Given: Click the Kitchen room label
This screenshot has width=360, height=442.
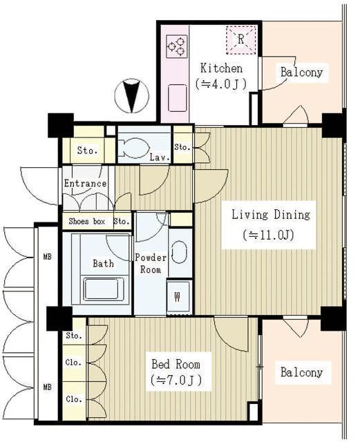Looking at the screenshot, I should (x=221, y=68).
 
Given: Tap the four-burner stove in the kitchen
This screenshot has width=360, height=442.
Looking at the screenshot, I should (x=176, y=46).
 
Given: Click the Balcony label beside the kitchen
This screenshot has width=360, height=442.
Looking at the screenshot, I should (x=301, y=72).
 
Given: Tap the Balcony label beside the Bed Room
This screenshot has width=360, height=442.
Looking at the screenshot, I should (x=301, y=372).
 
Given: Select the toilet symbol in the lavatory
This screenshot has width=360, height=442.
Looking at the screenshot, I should (x=134, y=147).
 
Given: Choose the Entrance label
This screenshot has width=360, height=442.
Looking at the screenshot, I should (x=86, y=184).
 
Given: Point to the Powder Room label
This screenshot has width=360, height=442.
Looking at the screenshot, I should (x=151, y=263).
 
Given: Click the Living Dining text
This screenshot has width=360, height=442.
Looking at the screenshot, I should (x=270, y=214).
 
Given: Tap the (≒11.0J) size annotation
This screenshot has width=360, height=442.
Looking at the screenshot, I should (x=269, y=235).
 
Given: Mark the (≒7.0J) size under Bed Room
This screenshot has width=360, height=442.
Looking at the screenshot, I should (x=176, y=381).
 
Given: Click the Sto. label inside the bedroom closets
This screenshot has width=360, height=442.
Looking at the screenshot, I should (x=74, y=336).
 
